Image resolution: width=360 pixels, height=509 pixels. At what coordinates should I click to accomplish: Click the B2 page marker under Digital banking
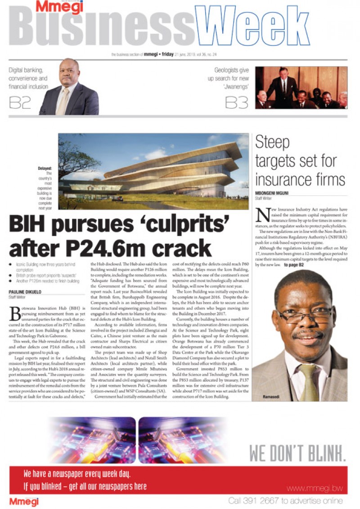pyautogui.click(x=20, y=103)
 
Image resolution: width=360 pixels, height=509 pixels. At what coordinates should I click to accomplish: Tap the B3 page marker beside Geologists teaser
pyautogui.click(x=236, y=103)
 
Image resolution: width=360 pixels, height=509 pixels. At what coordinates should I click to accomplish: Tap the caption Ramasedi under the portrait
pyautogui.click(x=272, y=397)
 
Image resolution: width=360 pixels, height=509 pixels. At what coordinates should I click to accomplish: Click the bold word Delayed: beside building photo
pyautogui.click(x=45, y=169)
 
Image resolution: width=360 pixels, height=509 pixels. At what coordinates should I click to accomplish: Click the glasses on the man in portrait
pyautogui.click(x=305, y=313)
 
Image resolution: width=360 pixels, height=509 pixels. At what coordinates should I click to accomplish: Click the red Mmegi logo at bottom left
pyautogui.click(x=24, y=501)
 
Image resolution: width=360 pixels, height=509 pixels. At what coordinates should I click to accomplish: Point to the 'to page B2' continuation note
pyautogui.click(x=294, y=265)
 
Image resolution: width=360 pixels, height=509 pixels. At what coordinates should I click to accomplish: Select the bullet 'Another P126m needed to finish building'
pyautogui.click(x=47, y=281)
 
